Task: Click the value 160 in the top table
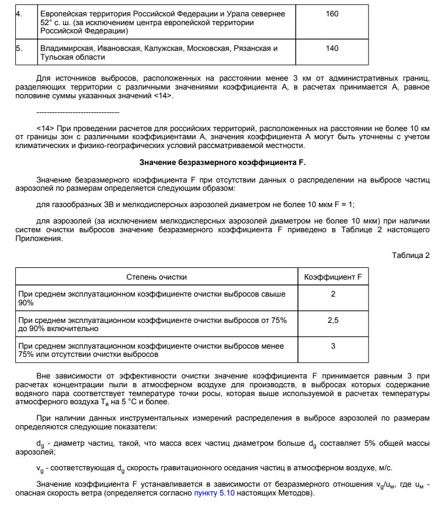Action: pyautogui.click(x=332, y=14)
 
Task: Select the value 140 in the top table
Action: pyautogui.click(x=332, y=49)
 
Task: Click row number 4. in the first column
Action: pyautogui.click(x=19, y=14)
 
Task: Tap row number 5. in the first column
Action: pyautogui.click(x=19, y=49)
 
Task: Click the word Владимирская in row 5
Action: pyautogui.click(x=65, y=49)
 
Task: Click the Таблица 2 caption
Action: pyautogui.click(x=411, y=255)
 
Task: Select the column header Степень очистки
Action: pyautogui.click(x=157, y=277)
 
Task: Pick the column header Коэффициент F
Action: pyautogui.click(x=333, y=277)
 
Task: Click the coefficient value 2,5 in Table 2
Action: pyautogui.click(x=333, y=321)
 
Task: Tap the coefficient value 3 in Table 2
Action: pyautogui.click(x=333, y=346)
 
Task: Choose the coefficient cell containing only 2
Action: pyautogui.click(x=333, y=294)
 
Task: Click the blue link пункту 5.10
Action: pyautogui.click(x=217, y=494)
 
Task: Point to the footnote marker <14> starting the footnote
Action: pyautogui.click(x=45, y=127)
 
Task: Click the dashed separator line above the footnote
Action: pyautogui.click(x=77, y=112)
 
